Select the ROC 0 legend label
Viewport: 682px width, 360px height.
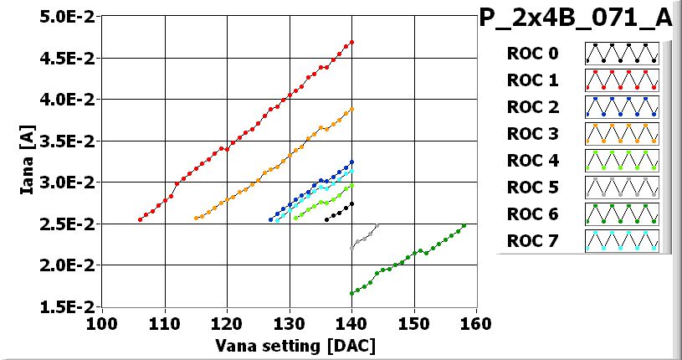point(531,54)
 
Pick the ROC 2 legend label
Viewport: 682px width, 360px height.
point(531,107)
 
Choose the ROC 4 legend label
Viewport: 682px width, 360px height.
point(531,161)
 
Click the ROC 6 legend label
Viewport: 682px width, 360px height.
point(531,214)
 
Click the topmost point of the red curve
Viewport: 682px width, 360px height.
point(351,42)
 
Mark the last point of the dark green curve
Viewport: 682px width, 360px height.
point(464,225)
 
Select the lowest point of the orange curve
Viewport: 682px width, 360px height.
point(196,219)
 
